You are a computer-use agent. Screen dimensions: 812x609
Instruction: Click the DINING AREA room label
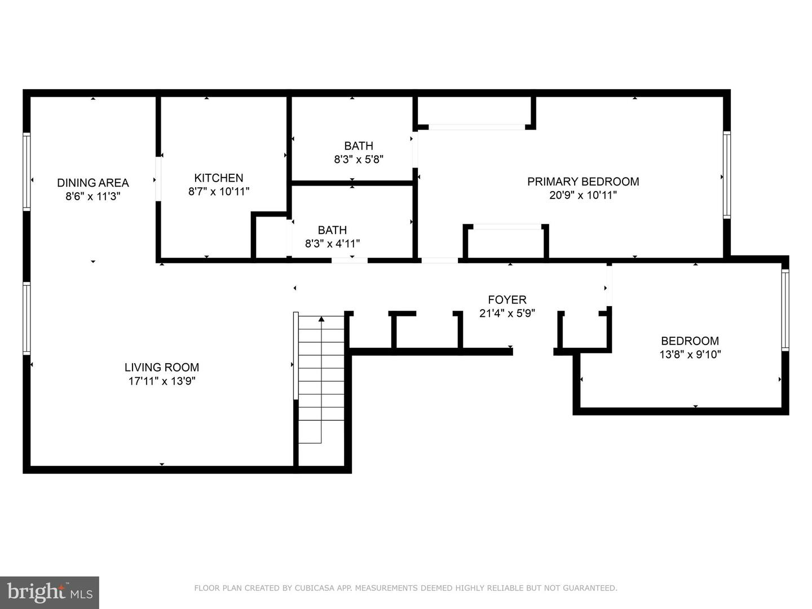(93, 183)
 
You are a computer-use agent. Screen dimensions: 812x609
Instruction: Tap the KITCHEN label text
(219, 178)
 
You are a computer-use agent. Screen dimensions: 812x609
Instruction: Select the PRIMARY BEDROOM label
(583, 182)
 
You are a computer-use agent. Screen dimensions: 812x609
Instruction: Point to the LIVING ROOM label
(162, 367)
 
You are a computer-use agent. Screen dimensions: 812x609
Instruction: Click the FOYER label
(507, 299)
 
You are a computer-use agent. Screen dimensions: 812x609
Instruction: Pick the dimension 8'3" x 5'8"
(359, 160)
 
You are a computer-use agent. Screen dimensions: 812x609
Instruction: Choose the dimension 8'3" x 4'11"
(332, 244)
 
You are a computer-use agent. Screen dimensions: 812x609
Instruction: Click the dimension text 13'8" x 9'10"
(690, 355)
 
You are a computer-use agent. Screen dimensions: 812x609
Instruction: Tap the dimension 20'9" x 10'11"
(583, 195)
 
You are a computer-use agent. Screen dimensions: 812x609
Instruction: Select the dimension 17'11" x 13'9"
(162, 381)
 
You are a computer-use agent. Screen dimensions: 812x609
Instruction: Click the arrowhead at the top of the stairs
(321, 319)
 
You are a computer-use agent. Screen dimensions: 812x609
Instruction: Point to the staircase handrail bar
(295, 356)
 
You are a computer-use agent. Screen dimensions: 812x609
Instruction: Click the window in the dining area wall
(27, 171)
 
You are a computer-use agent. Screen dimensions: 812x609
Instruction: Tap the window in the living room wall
(27, 319)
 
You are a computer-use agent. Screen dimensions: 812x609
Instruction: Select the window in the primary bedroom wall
(727, 175)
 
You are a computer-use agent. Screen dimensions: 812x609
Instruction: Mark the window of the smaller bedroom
(785, 310)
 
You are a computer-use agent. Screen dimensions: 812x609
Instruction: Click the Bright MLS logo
(50, 592)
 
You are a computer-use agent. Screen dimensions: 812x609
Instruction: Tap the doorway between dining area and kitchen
(158, 179)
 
